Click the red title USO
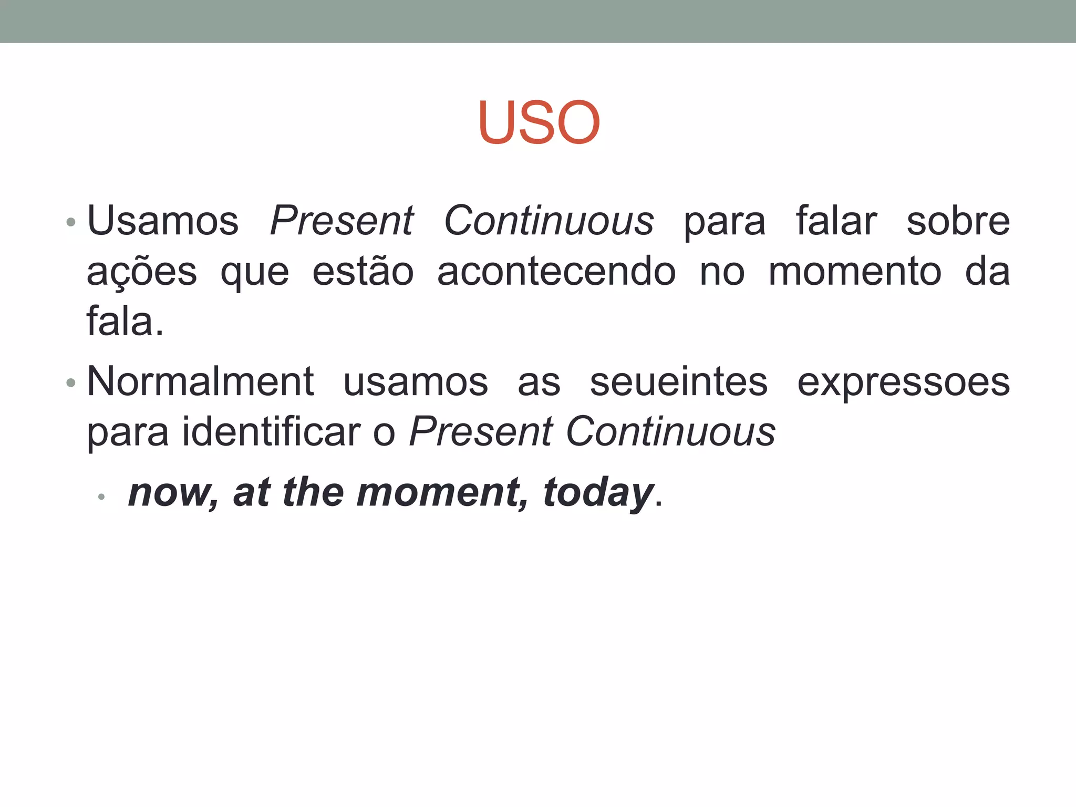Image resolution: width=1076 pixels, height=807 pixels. [x=539, y=122]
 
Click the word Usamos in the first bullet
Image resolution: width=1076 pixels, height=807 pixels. [x=163, y=221]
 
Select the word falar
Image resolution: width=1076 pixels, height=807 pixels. [x=836, y=221]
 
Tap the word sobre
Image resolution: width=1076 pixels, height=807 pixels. [x=958, y=221]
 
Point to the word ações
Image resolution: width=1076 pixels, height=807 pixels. [x=142, y=272]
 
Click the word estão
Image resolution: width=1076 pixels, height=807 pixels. [x=363, y=272]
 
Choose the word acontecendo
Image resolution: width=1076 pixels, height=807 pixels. [x=556, y=272]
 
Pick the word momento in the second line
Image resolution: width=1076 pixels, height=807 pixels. [x=855, y=272]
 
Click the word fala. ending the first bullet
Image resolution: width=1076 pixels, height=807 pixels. [x=125, y=322]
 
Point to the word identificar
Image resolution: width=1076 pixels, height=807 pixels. [x=272, y=432]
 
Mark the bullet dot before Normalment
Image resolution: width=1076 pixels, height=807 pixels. [x=71, y=383]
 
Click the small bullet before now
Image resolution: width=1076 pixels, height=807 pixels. [x=101, y=496]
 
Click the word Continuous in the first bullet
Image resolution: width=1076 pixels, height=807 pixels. [x=549, y=221]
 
